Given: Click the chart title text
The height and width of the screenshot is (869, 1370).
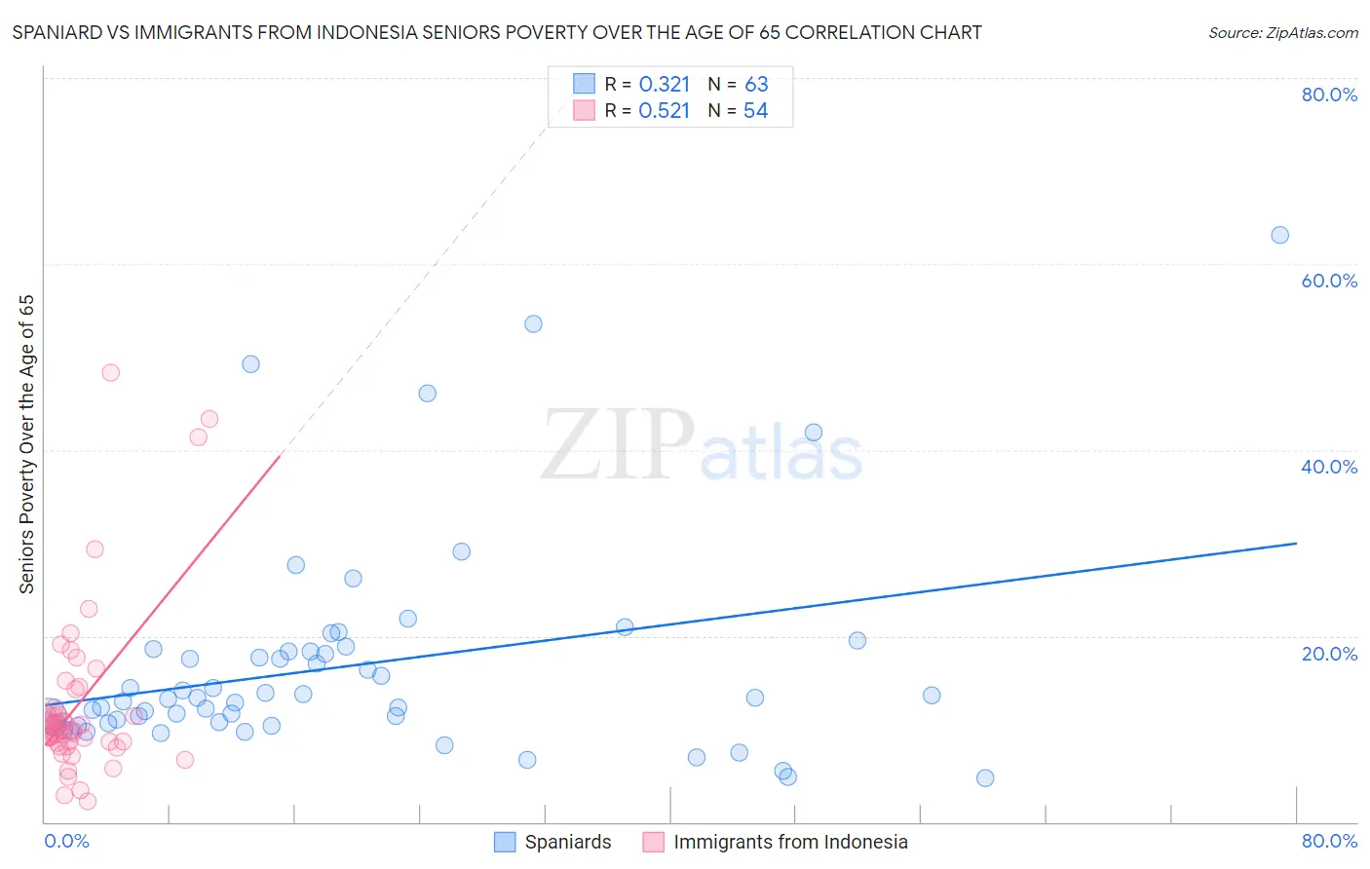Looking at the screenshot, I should pyautogui.click(x=497, y=33).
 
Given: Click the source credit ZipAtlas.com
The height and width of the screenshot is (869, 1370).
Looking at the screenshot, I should pyautogui.click(x=1282, y=33).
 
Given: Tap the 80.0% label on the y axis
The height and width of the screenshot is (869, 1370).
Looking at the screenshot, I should pyautogui.click(x=1329, y=94).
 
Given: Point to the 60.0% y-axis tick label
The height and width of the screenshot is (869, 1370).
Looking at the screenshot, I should pyautogui.click(x=1329, y=281).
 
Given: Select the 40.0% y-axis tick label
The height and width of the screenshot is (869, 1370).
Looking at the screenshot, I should pyautogui.click(x=1329, y=467).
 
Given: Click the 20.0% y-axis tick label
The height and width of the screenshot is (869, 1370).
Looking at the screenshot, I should pyautogui.click(x=1329, y=654).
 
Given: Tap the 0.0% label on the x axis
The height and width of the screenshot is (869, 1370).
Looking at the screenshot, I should pyautogui.click(x=66, y=841).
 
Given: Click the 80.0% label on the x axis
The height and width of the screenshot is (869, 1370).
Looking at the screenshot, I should pyautogui.click(x=1329, y=841).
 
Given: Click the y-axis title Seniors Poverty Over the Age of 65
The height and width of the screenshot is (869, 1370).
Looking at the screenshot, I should pyautogui.click(x=27, y=444).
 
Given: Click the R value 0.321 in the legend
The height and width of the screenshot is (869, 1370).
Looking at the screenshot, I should pyautogui.click(x=665, y=85).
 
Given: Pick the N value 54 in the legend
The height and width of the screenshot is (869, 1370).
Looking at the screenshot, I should pyautogui.click(x=755, y=111).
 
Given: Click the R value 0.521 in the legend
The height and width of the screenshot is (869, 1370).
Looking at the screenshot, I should pyautogui.click(x=665, y=111).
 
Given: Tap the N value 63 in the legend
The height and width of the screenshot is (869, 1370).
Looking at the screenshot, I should pyautogui.click(x=756, y=85).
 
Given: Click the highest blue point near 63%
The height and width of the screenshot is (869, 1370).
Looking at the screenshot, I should pyautogui.click(x=1279, y=235).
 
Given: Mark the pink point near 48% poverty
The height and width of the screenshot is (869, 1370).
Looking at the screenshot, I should pyautogui.click(x=111, y=372).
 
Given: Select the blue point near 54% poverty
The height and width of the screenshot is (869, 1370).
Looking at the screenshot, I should pyautogui.click(x=533, y=323).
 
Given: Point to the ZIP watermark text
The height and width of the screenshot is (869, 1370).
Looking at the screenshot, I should pyautogui.click(x=618, y=446).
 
